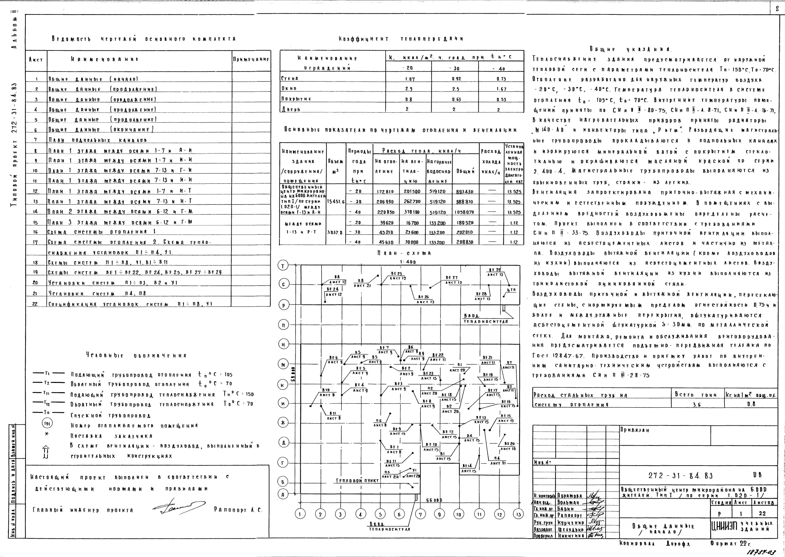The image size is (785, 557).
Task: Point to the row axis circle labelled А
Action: [283, 494]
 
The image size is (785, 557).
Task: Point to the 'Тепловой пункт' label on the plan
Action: [357, 481]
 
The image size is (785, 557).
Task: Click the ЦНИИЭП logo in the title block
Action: [723, 526]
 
